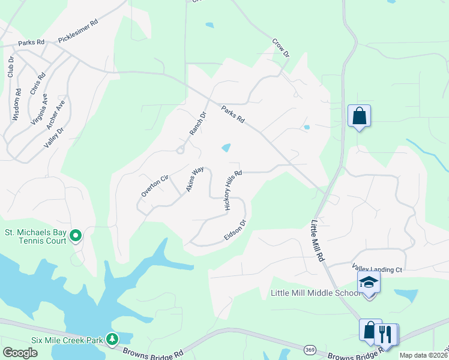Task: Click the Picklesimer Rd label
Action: click(x=77, y=34)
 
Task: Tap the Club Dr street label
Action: click(x=10, y=67)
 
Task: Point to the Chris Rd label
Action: click(x=37, y=83)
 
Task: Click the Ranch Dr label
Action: click(x=197, y=123)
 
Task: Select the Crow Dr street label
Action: click(x=281, y=49)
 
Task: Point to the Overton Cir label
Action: click(x=153, y=185)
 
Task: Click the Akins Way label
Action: click(x=195, y=179)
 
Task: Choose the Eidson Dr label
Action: click(x=235, y=230)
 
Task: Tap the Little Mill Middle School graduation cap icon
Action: click(x=369, y=283)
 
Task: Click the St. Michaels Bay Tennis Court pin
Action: click(x=76, y=236)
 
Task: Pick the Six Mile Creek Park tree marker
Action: click(x=112, y=339)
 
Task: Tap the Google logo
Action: click(x=20, y=353)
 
